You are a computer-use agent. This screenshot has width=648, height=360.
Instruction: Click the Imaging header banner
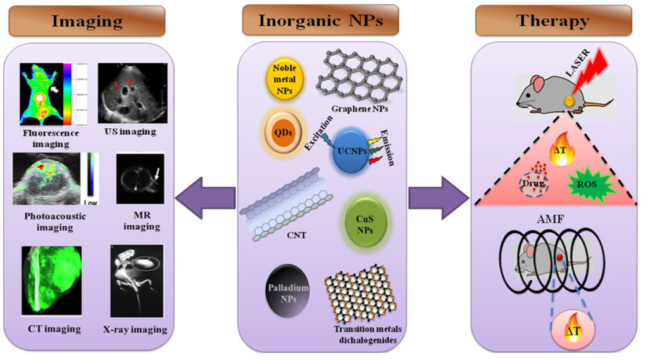click(87, 20)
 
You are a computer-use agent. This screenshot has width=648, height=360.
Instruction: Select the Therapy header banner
click(552, 20)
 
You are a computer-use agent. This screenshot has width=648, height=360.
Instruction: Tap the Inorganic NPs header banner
click(320, 20)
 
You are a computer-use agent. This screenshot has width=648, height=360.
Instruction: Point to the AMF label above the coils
click(551, 220)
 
